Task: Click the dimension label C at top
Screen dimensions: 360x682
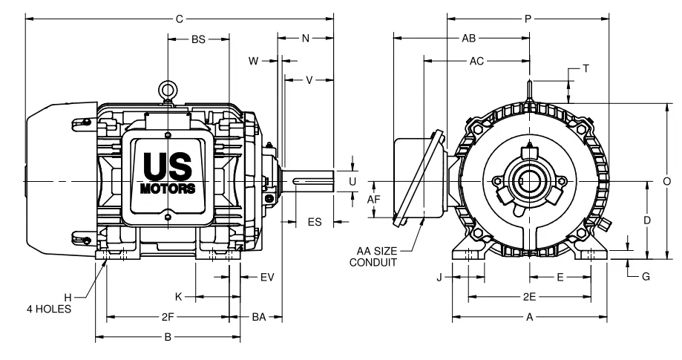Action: pyautogui.click(x=179, y=18)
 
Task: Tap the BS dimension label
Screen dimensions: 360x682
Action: pyautogui.click(x=198, y=39)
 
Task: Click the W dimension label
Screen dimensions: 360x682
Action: pyautogui.click(x=253, y=62)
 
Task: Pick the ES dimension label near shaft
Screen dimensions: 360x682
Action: pyautogui.click(x=315, y=221)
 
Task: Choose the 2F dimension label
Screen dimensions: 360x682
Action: pyautogui.click(x=168, y=317)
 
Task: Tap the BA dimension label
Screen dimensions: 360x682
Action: pyautogui.click(x=259, y=317)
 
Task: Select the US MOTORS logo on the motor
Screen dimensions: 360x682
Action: pyautogui.click(x=168, y=171)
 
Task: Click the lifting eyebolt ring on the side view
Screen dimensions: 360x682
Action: pyautogui.click(x=168, y=89)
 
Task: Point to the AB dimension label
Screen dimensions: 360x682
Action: pyautogui.click(x=469, y=38)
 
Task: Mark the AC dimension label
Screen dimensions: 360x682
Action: pyautogui.click(x=476, y=62)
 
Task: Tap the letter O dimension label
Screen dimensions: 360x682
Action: pyautogui.click(x=667, y=180)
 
